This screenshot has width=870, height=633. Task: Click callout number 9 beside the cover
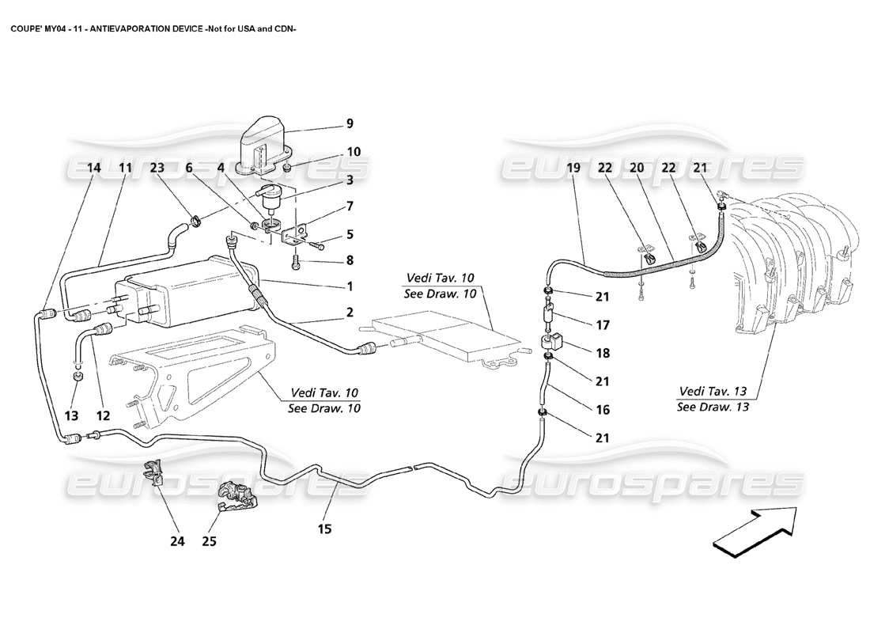(x=350, y=123)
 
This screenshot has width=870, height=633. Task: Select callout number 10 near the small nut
(x=354, y=152)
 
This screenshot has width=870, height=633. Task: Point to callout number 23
(x=158, y=168)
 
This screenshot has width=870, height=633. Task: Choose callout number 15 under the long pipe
(x=325, y=529)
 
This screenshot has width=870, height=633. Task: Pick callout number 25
(x=210, y=542)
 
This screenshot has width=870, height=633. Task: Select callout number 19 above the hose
(x=574, y=168)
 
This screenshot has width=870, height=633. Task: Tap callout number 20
(x=637, y=168)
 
